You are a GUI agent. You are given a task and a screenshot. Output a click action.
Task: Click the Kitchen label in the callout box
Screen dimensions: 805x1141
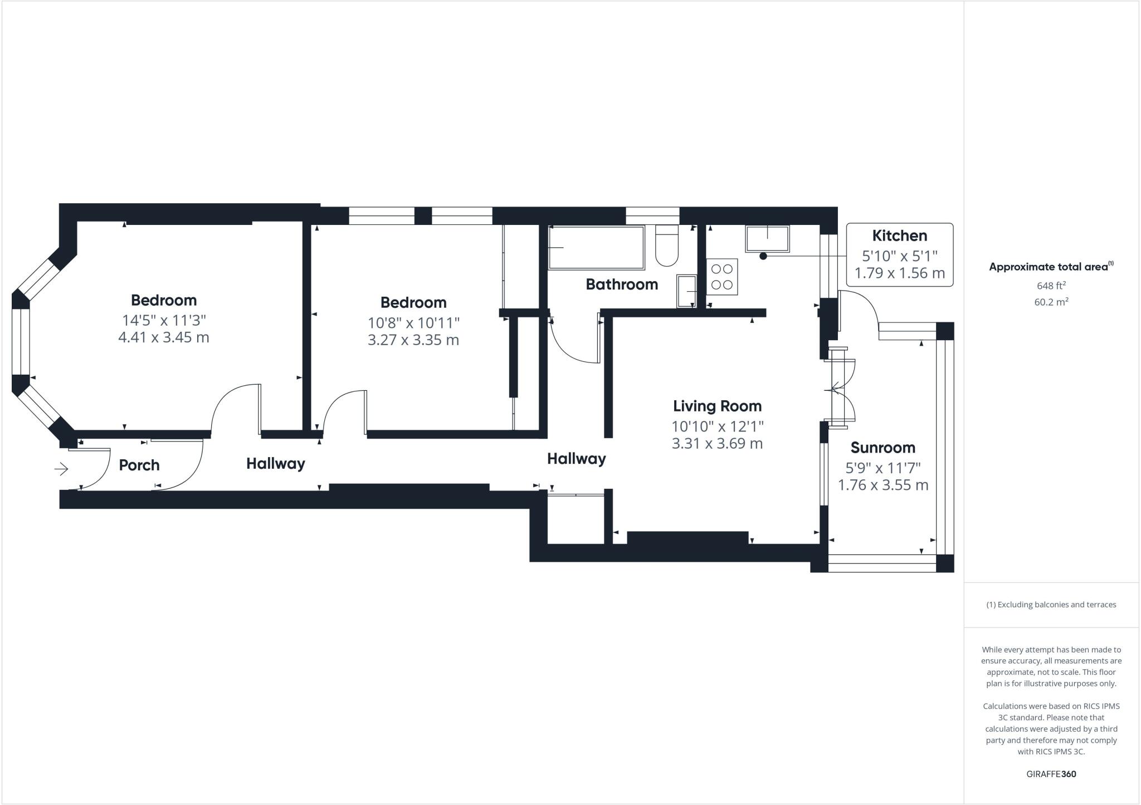899,235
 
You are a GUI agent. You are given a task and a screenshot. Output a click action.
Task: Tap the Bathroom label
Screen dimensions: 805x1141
622,284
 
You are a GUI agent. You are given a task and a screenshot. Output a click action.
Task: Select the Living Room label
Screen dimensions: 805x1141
717,406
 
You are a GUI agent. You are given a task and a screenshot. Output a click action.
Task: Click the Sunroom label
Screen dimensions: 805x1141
882,448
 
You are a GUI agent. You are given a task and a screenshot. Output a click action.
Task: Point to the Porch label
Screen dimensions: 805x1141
139,465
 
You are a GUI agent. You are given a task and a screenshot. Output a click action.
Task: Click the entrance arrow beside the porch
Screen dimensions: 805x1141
61,469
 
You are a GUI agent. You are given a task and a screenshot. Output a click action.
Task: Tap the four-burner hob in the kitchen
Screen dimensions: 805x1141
722,277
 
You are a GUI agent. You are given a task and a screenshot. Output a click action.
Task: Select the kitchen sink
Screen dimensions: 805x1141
767,239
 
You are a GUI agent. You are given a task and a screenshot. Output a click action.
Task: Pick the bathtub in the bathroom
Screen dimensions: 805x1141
596,247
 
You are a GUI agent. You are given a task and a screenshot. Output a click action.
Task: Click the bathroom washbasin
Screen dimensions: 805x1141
686,291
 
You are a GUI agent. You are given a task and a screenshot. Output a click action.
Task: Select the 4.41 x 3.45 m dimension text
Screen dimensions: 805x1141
164,337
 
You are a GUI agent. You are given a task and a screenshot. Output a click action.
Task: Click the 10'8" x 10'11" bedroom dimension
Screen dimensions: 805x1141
413,323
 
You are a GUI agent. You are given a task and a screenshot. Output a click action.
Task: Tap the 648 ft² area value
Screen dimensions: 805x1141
1051,286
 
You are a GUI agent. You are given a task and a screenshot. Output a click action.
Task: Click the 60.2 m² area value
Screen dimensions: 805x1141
1051,302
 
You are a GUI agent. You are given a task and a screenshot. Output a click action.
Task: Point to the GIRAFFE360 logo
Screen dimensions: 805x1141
1051,774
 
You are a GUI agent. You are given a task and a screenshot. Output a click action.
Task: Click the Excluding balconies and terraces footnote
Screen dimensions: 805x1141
1051,605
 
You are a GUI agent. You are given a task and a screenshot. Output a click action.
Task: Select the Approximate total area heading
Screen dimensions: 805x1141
1050,267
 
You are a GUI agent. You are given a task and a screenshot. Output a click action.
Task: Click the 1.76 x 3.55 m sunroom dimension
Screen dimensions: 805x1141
883,485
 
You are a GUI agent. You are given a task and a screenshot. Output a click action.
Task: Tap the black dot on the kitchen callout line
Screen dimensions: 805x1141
763,256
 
